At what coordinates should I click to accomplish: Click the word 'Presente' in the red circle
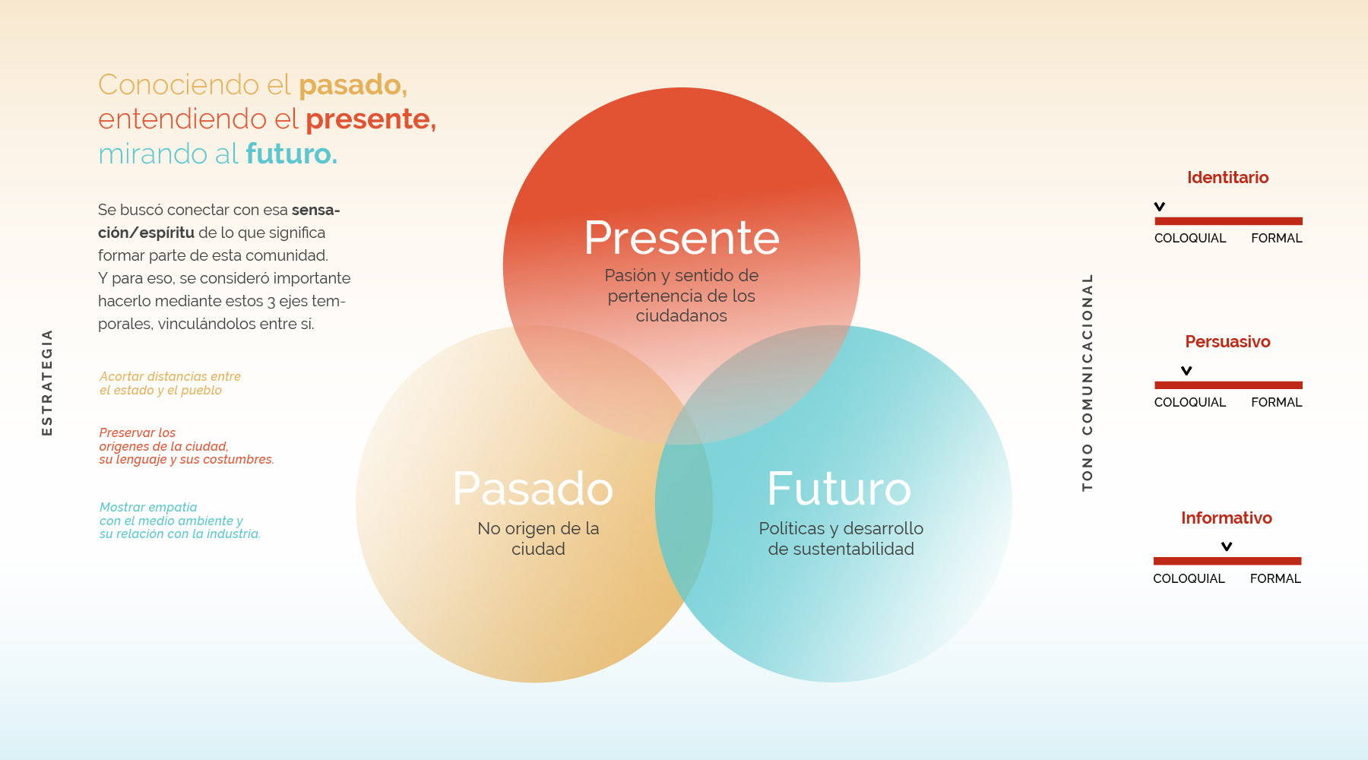pos(682,238)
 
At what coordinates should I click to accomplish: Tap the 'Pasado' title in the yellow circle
pos(533,489)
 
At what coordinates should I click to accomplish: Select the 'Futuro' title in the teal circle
pos(839,489)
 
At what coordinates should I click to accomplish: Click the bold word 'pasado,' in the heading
pos(353,85)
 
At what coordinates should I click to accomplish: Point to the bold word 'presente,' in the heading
pos(371,120)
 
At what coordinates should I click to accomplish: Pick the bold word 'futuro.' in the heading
pos(291,154)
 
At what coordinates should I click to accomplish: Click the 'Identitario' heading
pos(1227,178)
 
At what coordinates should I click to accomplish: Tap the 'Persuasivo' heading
pos(1227,342)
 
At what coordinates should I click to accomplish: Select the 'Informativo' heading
pos(1226,518)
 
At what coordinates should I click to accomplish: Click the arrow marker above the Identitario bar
pos(1159,207)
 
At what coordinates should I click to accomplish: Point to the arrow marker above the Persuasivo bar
pos(1186,371)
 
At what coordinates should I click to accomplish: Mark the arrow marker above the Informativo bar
pos(1226,546)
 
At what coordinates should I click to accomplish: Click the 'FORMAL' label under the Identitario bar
pos(1276,239)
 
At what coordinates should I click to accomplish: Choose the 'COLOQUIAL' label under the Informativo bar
pos(1189,579)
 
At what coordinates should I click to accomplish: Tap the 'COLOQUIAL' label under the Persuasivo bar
pos(1189,403)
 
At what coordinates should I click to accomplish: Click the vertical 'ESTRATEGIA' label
pos(47,382)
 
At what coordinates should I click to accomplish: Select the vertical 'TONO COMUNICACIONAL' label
pos(1087,382)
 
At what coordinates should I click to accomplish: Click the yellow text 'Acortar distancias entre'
pos(170,377)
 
